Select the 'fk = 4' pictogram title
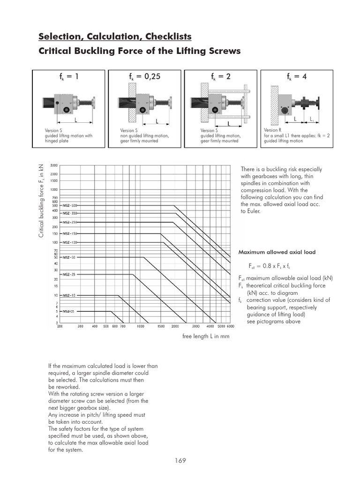pyautogui.click(x=297, y=76)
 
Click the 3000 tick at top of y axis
pyautogui.click(x=54, y=165)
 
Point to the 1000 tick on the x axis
pyautogui.click(x=140, y=326)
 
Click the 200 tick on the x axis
pyautogui.click(x=60, y=326)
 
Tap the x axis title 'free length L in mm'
pyautogui.click(x=206, y=337)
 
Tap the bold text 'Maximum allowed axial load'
pyautogui.click(x=277, y=252)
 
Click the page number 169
pyautogui.click(x=180, y=460)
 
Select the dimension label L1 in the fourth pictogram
pyautogui.click(x=312, y=120)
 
